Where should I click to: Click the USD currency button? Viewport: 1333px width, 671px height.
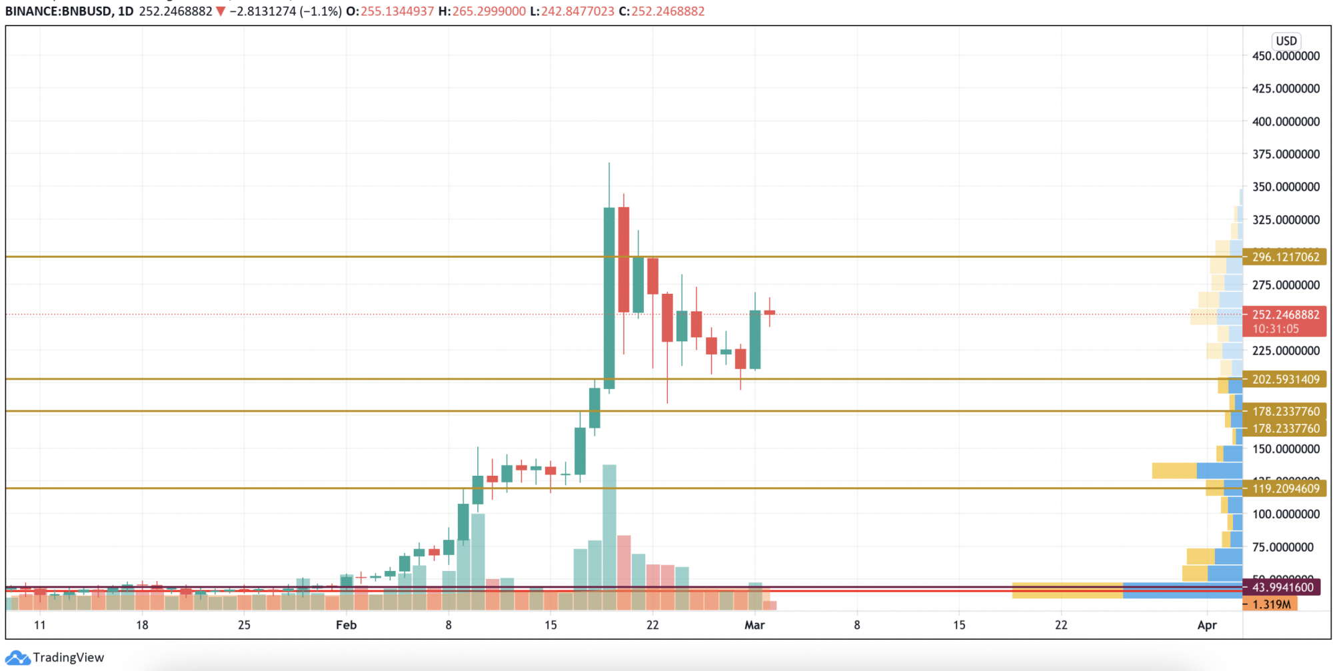(1286, 41)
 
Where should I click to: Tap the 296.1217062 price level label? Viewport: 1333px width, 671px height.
(1284, 257)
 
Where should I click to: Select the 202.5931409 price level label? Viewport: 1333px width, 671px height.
(1284, 380)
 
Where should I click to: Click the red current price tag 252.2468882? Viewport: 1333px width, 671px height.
(1284, 315)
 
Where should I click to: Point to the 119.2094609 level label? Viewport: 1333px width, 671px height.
(1284, 489)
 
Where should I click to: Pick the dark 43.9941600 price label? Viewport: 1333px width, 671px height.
(1282, 588)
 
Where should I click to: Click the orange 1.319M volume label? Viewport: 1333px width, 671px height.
(1271, 604)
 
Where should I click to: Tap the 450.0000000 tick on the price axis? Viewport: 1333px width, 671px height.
(1285, 56)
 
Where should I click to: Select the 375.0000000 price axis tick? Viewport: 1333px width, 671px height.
(1285, 154)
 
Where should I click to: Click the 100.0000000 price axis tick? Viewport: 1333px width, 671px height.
(1285, 514)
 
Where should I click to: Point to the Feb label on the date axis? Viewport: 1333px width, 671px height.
(346, 625)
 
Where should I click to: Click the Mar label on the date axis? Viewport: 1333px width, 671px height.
(754, 625)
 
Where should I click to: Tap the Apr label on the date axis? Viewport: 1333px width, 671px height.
(1206, 625)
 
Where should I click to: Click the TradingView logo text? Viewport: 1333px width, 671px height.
(68, 658)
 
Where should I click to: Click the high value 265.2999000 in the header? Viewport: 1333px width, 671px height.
(489, 11)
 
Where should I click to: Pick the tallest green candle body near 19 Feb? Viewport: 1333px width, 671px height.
(609, 298)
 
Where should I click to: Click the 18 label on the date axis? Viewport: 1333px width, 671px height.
(142, 625)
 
